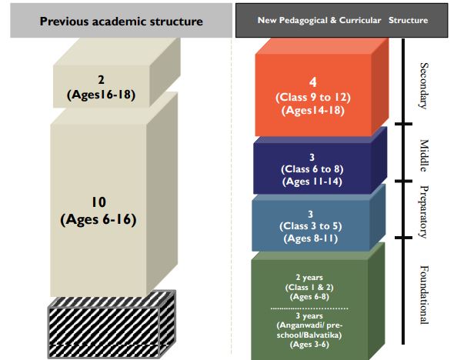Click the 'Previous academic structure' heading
(122, 22)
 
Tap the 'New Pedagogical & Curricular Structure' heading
(342, 20)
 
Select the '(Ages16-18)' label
(102, 95)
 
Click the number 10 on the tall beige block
(98, 202)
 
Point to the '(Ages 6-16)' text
(98, 219)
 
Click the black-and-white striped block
(112, 325)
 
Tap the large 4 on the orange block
(312, 82)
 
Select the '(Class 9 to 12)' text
(313, 98)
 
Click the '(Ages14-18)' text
(313, 110)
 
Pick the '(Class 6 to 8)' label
(312, 169)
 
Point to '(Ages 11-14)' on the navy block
(312, 182)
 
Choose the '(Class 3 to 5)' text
(311, 226)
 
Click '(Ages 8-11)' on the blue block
(311, 238)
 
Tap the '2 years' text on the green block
(309, 278)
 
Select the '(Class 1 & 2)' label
(309, 287)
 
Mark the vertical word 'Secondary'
(424, 86)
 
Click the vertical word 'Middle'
(424, 155)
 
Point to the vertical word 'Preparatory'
(424, 212)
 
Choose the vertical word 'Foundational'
(424, 295)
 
